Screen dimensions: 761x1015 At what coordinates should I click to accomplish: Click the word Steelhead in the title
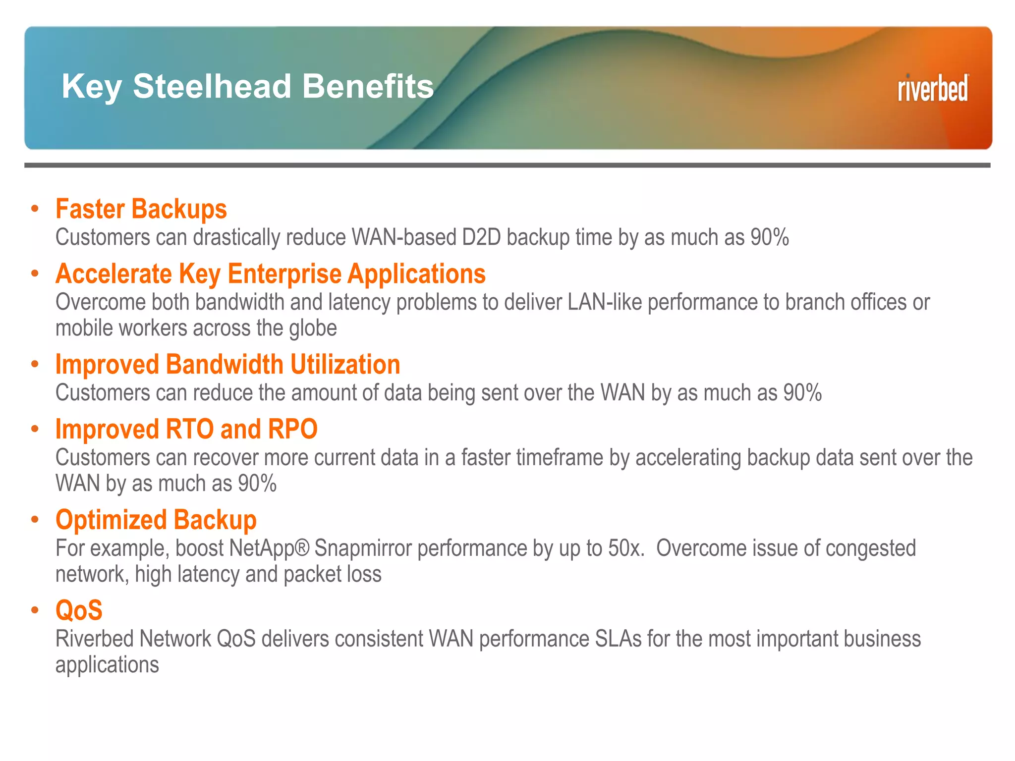click(x=212, y=86)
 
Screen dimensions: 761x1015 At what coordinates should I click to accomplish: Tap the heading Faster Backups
click(x=141, y=209)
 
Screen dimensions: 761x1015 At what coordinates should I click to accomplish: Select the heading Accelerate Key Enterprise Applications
click(x=271, y=274)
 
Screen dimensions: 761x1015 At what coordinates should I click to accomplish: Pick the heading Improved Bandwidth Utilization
click(x=228, y=365)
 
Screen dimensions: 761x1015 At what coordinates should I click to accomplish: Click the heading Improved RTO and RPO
click(x=186, y=429)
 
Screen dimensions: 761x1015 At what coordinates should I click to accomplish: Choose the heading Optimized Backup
click(x=156, y=520)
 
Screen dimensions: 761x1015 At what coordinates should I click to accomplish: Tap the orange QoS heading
click(x=79, y=610)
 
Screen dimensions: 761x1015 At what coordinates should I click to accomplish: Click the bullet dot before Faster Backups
click(x=35, y=209)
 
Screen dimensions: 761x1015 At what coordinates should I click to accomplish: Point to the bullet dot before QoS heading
click(x=35, y=610)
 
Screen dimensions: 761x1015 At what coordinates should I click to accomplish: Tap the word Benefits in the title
click(x=368, y=86)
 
